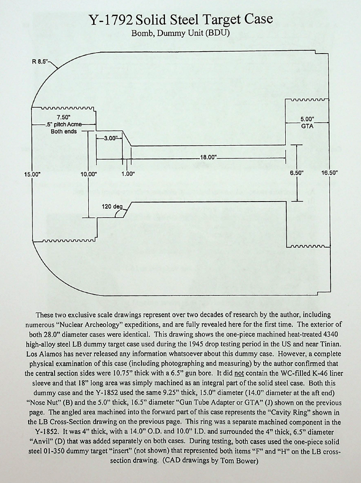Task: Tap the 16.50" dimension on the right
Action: [x=329, y=172]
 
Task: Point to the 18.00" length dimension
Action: [x=207, y=158]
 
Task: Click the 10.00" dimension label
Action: [x=88, y=174]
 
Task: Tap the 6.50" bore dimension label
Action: [x=297, y=172]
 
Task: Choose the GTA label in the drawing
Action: [x=307, y=126]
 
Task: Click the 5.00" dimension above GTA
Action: [x=307, y=119]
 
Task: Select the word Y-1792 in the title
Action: [x=111, y=20]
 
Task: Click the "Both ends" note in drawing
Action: [x=63, y=131]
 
